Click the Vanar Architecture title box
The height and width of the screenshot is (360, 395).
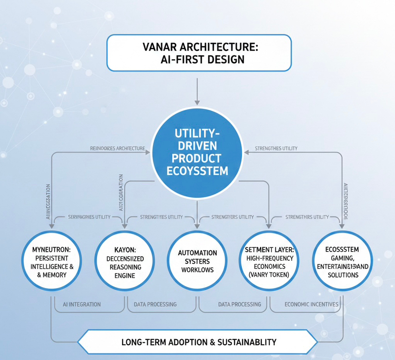coord(199,53)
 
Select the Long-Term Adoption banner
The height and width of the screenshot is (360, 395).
coord(197,342)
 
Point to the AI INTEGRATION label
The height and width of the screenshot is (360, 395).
coord(82,304)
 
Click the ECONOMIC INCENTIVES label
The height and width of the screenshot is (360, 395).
coord(311,304)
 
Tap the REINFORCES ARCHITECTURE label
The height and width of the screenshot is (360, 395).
coord(117,148)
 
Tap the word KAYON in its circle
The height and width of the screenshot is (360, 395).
coord(125,249)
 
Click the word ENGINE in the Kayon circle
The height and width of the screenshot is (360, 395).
coord(125,276)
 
